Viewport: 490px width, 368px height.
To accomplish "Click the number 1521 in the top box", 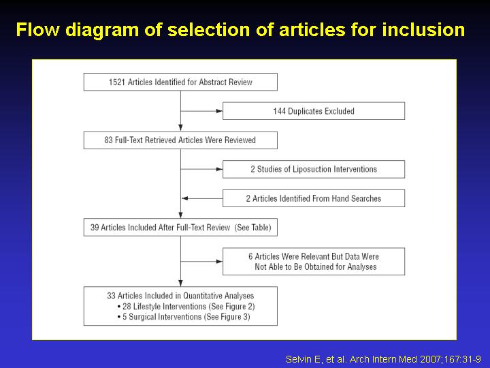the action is coord(117,82).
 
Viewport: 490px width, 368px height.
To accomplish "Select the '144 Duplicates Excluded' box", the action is coord(314,111).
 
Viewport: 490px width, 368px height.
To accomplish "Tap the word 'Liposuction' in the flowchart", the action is coord(312,169).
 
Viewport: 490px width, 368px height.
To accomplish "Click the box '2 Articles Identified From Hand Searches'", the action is coord(314,198).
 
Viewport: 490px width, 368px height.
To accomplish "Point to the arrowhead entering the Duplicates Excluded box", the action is coord(219,111).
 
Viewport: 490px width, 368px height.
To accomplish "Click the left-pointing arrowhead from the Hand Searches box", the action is coord(184,198).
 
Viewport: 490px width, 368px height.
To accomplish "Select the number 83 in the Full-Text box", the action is coord(108,140).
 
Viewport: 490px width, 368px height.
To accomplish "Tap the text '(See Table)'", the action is coord(252,228).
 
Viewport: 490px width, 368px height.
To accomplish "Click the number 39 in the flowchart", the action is coord(95,228).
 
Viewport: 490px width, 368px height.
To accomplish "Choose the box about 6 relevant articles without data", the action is coord(314,261).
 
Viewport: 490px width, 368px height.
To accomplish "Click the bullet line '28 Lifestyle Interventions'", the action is coord(186,307).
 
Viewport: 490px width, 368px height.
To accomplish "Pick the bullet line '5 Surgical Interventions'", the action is coord(184,317).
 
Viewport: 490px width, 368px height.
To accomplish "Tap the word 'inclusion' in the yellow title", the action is coord(423,30).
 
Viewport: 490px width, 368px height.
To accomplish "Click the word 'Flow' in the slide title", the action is coord(37,30).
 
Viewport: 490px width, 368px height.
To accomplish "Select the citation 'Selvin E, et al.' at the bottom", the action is coord(316,359).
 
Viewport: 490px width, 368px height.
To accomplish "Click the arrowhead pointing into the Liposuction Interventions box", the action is coord(219,169).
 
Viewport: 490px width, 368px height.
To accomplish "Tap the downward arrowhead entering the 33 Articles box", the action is coord(180,283).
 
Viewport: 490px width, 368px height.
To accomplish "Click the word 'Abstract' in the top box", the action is coord(213,82).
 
